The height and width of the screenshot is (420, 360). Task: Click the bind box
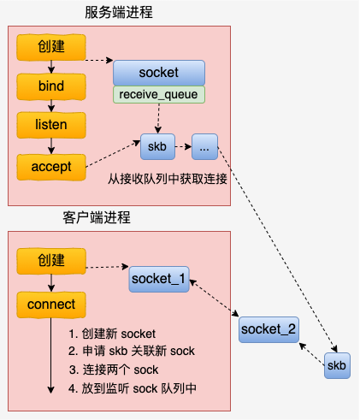point(51,86)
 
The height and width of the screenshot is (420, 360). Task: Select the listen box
point(51,126)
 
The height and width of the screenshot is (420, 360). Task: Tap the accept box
point(51,166)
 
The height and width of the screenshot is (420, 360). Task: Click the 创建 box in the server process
point(51,47)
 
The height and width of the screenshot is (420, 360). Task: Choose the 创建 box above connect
point(51,260)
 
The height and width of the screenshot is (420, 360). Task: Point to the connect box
point(51,304)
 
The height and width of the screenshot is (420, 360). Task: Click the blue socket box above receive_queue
point(158,73)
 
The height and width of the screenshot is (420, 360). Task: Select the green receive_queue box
point(158,94)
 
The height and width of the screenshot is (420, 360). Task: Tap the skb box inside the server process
point(156,146)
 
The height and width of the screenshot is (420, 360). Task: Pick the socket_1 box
point(159,279)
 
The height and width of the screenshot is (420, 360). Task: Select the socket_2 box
point(269,328)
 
